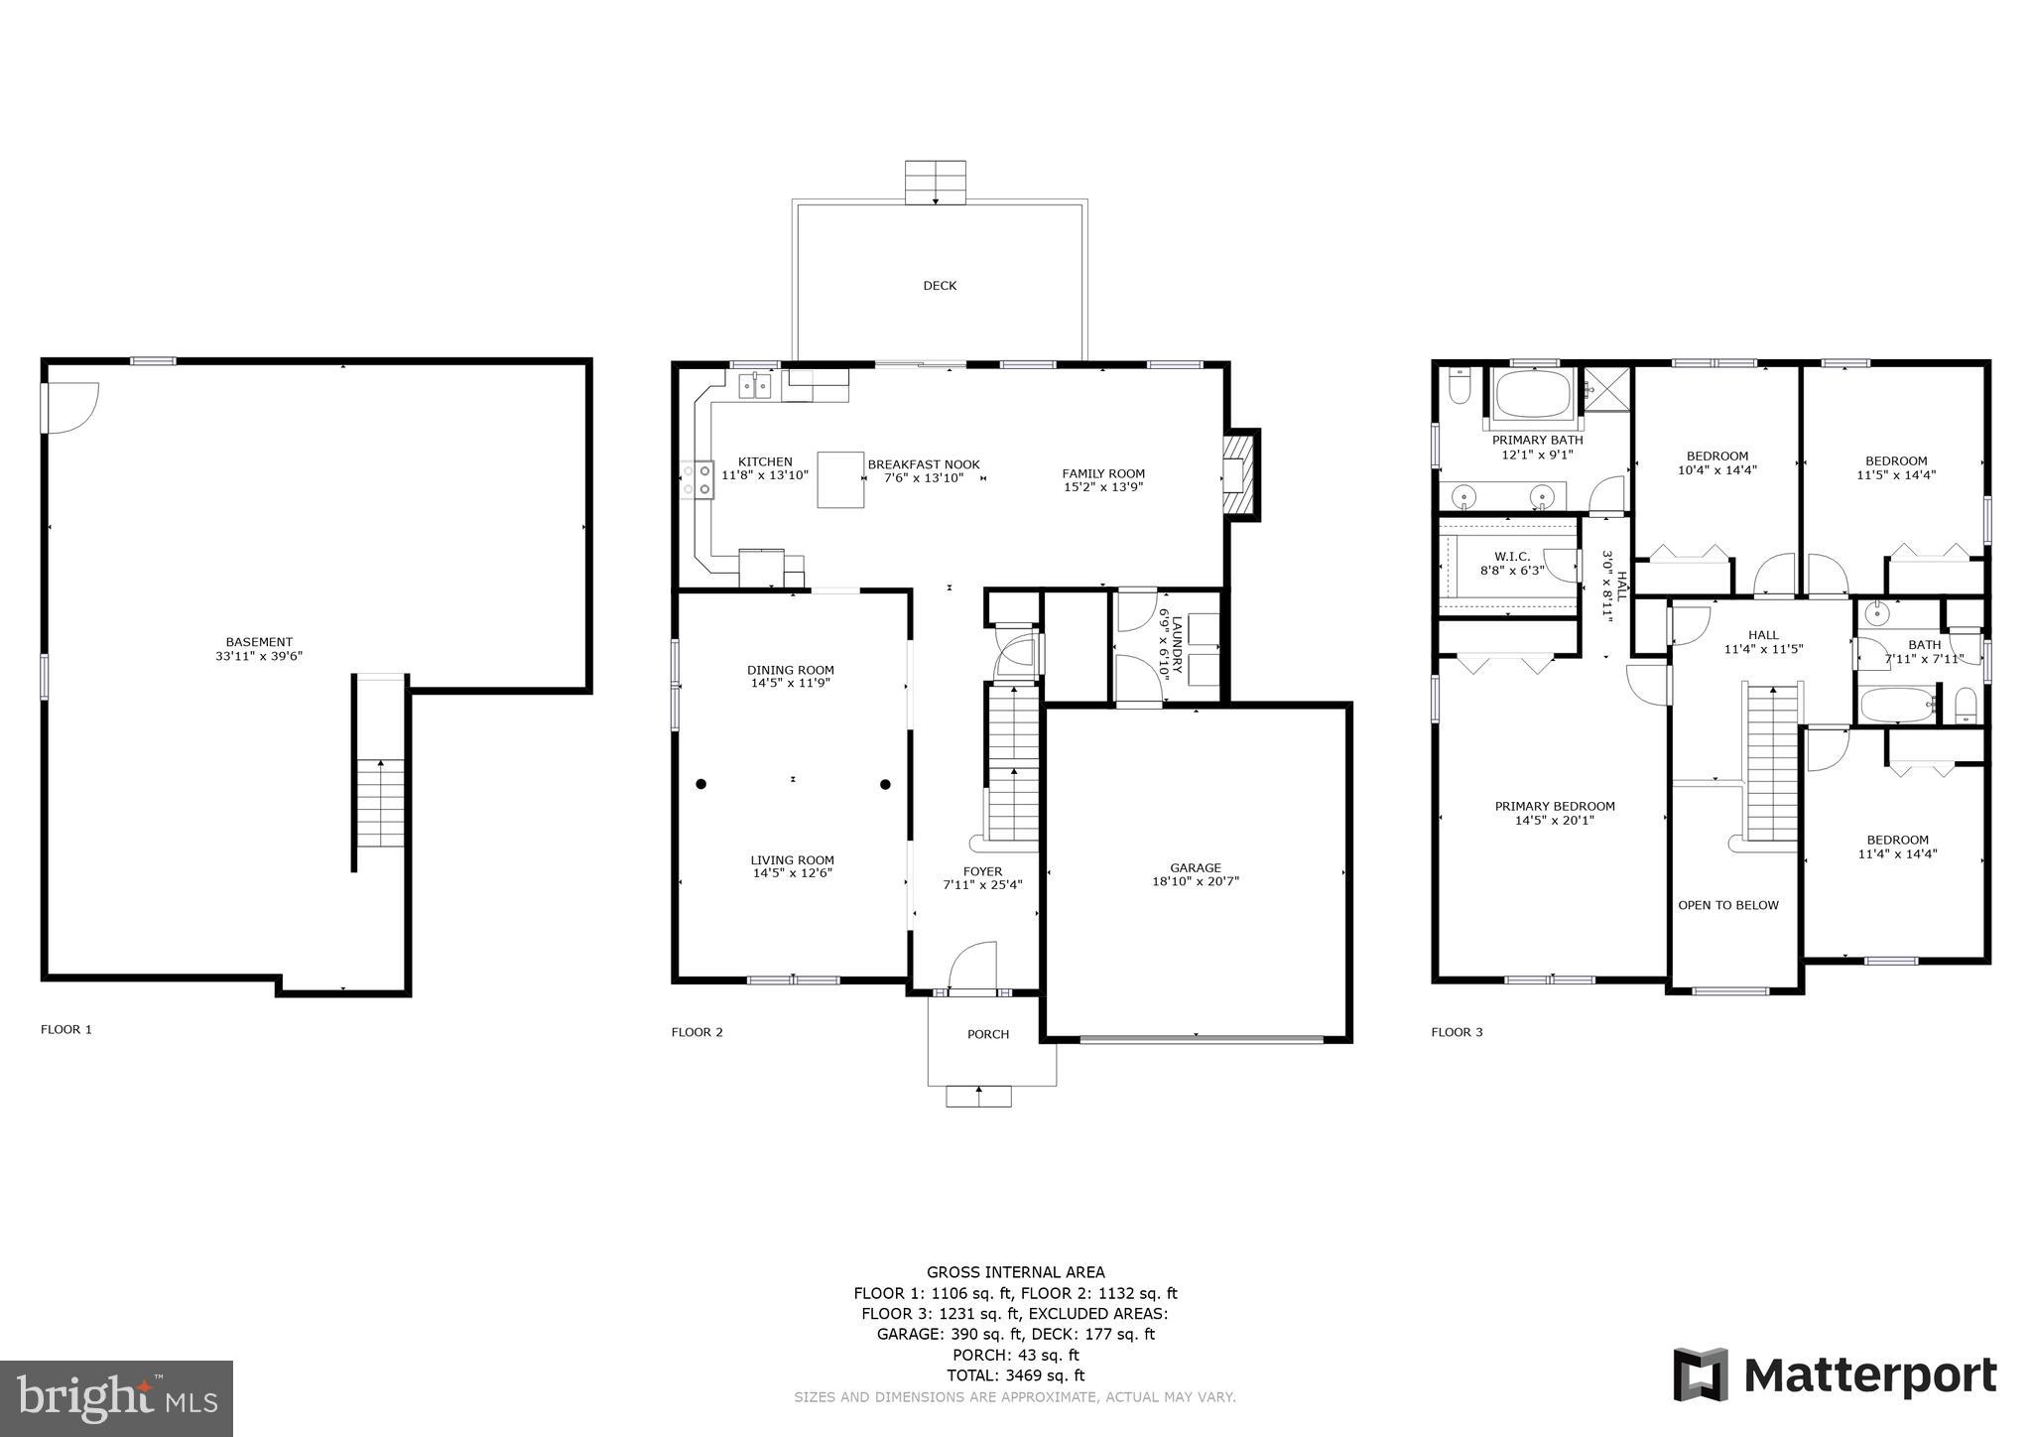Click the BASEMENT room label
tap(259, 642)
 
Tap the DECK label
tap(940, 286)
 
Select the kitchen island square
tap(839, 479)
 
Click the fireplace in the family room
tap(1239, 473)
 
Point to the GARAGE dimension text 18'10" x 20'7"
tap(1196, 881)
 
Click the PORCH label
tap(988, 1034)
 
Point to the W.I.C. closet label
tap(1512, 557)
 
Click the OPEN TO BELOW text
tap(1728, 905)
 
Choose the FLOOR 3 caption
tap(1457, 1032)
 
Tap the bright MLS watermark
tap(117, 1398)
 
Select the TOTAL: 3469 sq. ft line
tap(1015, 1375)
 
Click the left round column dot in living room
tap(701, 784)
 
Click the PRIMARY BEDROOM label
tap(1555, 807)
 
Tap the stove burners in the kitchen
tap(698, 479)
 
